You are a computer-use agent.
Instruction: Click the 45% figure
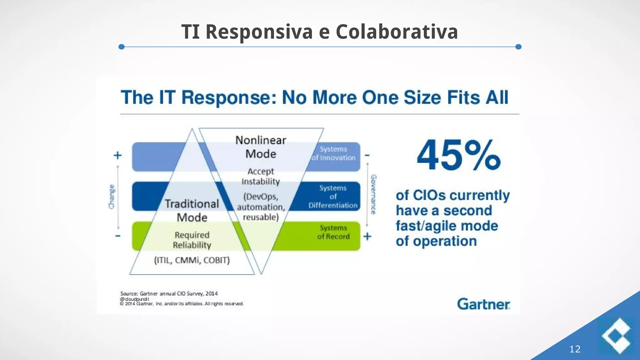coord(458,155)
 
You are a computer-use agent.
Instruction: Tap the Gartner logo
coord(483,304)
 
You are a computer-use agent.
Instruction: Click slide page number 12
coord(575,349)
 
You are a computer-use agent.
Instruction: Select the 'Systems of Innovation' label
coord(333,153)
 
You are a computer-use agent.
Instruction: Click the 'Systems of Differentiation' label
coord(333,197)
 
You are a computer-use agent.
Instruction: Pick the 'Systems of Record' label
coord(333,232)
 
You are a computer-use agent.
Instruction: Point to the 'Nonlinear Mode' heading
coord(261,147)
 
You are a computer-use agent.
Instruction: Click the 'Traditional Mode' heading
coord(192,210)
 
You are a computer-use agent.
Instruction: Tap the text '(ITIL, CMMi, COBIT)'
coord(192,260)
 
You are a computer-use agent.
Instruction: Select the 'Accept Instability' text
coord(261,176)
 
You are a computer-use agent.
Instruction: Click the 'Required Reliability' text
coord(192,240)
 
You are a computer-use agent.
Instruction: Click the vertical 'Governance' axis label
coord(373,194)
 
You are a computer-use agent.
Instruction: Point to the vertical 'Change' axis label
coord(112,196)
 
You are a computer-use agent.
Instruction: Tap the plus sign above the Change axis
coord(117,155)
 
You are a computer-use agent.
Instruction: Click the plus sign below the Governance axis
coord(367,236)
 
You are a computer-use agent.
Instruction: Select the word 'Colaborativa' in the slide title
coord(397,32)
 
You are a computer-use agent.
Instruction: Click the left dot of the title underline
coord(122,47)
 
